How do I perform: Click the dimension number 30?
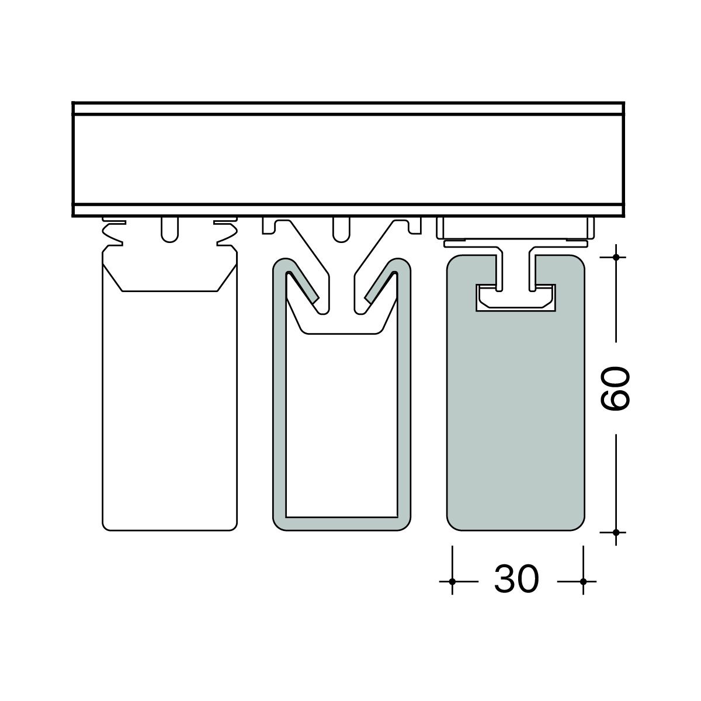[516, 579]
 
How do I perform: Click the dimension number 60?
[615, 388]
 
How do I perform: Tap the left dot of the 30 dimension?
[452, 581]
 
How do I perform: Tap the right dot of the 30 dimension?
[583, 581]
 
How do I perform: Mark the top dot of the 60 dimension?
[616, 257]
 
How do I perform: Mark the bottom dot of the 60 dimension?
[616, 532]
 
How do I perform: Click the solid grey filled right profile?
[515, 418]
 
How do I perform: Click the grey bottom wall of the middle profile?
[342, 524]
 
